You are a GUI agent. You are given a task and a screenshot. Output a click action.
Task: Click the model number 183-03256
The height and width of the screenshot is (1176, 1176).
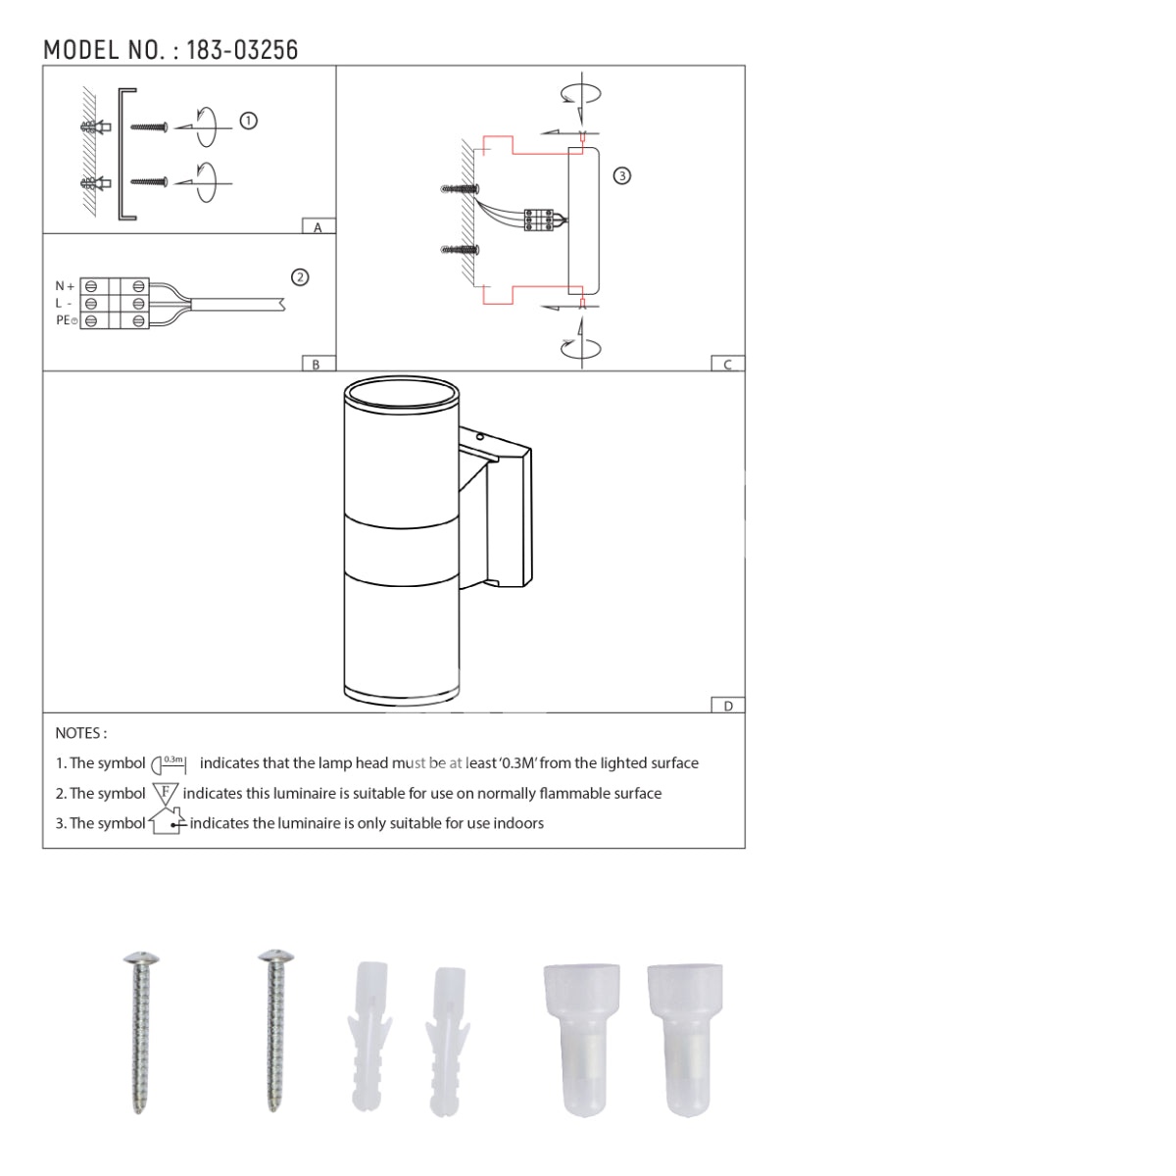click(242, 50)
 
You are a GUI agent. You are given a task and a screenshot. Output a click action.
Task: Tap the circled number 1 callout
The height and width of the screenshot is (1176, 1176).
click(248, 121)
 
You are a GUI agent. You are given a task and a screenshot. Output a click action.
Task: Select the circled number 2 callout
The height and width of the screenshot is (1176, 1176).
click(300, 277)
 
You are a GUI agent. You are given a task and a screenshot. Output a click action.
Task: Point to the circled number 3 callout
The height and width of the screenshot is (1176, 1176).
click(621, 176)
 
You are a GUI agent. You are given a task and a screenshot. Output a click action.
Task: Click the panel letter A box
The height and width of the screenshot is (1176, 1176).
click(318, 225)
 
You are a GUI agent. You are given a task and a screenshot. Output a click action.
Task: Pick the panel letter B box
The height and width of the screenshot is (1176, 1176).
click(318, 364)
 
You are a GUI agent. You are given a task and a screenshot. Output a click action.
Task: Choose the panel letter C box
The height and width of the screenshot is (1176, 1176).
click(727, 364)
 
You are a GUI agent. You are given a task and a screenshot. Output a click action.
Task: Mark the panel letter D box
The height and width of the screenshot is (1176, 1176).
click(727, 705)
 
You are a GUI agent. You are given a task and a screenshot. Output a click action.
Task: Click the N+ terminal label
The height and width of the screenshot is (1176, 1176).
click(65, 285)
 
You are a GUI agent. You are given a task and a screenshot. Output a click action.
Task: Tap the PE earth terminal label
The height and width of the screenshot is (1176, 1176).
click(67, 319)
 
